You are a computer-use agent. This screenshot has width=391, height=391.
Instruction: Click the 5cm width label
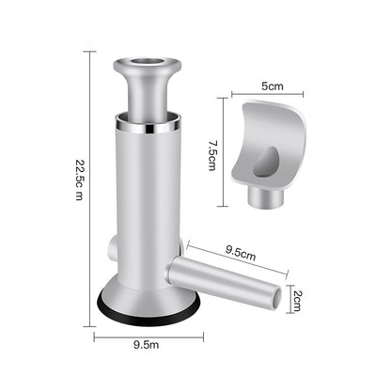click(273, 86)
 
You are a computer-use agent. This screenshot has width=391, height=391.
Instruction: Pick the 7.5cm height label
click(212, 149)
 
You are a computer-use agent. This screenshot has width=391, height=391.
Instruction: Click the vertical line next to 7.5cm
click(223, 150)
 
